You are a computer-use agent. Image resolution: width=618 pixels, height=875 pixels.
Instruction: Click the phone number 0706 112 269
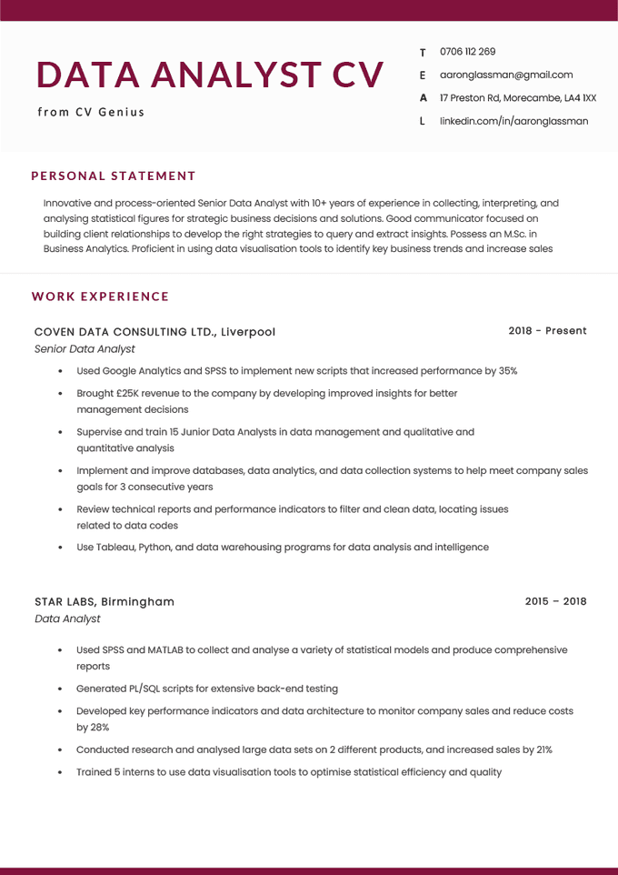click(467, 52)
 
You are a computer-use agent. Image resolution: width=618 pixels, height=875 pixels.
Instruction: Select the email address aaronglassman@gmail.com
click(506, 75)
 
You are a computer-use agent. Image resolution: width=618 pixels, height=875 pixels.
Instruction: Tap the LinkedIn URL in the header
click(513, 121)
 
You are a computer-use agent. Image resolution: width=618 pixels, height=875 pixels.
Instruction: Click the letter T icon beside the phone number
click(423, 53)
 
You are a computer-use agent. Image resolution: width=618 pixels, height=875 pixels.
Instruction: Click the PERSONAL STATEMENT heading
click(114, 176)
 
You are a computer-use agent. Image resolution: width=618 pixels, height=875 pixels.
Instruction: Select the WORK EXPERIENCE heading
click(100, 297)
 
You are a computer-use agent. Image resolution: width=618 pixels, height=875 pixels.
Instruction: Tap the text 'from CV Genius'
click(91, 112)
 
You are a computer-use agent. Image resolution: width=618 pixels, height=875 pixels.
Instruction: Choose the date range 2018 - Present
click(547, 331)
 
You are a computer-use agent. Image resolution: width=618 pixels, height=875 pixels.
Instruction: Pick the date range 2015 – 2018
click(555, 601)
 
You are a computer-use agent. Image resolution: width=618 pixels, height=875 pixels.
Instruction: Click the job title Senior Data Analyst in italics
click(85, 348)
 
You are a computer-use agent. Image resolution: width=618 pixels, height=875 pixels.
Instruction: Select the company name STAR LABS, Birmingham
click(105, 602)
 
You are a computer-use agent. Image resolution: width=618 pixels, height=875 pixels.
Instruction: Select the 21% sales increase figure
click(543, 749)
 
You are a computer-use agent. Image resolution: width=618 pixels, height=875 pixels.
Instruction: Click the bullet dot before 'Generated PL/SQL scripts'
click(60, 689)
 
